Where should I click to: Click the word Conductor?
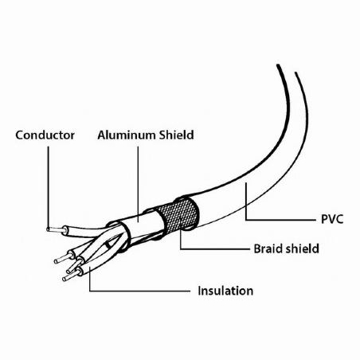point(45,135)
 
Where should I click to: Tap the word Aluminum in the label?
point(127,135)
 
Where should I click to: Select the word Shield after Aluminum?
point(177,135)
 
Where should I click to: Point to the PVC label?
point(332,219)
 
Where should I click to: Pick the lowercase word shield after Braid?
point(303,248)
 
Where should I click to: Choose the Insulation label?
point(225,291)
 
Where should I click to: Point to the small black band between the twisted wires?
point(107,245)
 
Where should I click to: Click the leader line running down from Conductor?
point(49,186)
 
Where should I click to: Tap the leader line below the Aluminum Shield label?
point(138,184)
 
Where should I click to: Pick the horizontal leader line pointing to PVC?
point(280,220)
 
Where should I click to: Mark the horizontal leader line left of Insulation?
point(139,292)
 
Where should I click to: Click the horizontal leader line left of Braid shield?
point(215,249)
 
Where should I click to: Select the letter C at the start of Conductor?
point(19,135)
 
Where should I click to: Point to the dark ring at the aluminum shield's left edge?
point(125,237)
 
